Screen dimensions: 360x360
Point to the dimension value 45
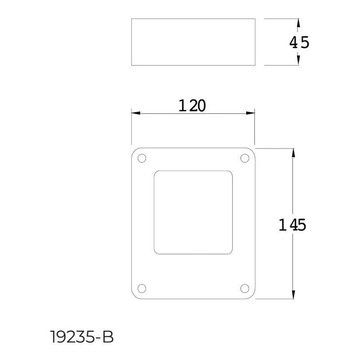tap(299, 43)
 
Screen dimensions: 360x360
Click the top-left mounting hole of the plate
tap(142, 158)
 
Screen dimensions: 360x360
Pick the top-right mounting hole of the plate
tap(245, 158)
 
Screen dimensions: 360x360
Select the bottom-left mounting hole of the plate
tap(142, 288)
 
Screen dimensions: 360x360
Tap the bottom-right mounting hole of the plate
tap(245, 288)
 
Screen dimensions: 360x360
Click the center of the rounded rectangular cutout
tap(193, 212)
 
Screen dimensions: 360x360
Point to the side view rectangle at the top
tap(193, 42)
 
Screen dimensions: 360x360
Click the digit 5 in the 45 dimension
tap(305, 43)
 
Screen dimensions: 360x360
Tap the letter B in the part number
tap(108, 337)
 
